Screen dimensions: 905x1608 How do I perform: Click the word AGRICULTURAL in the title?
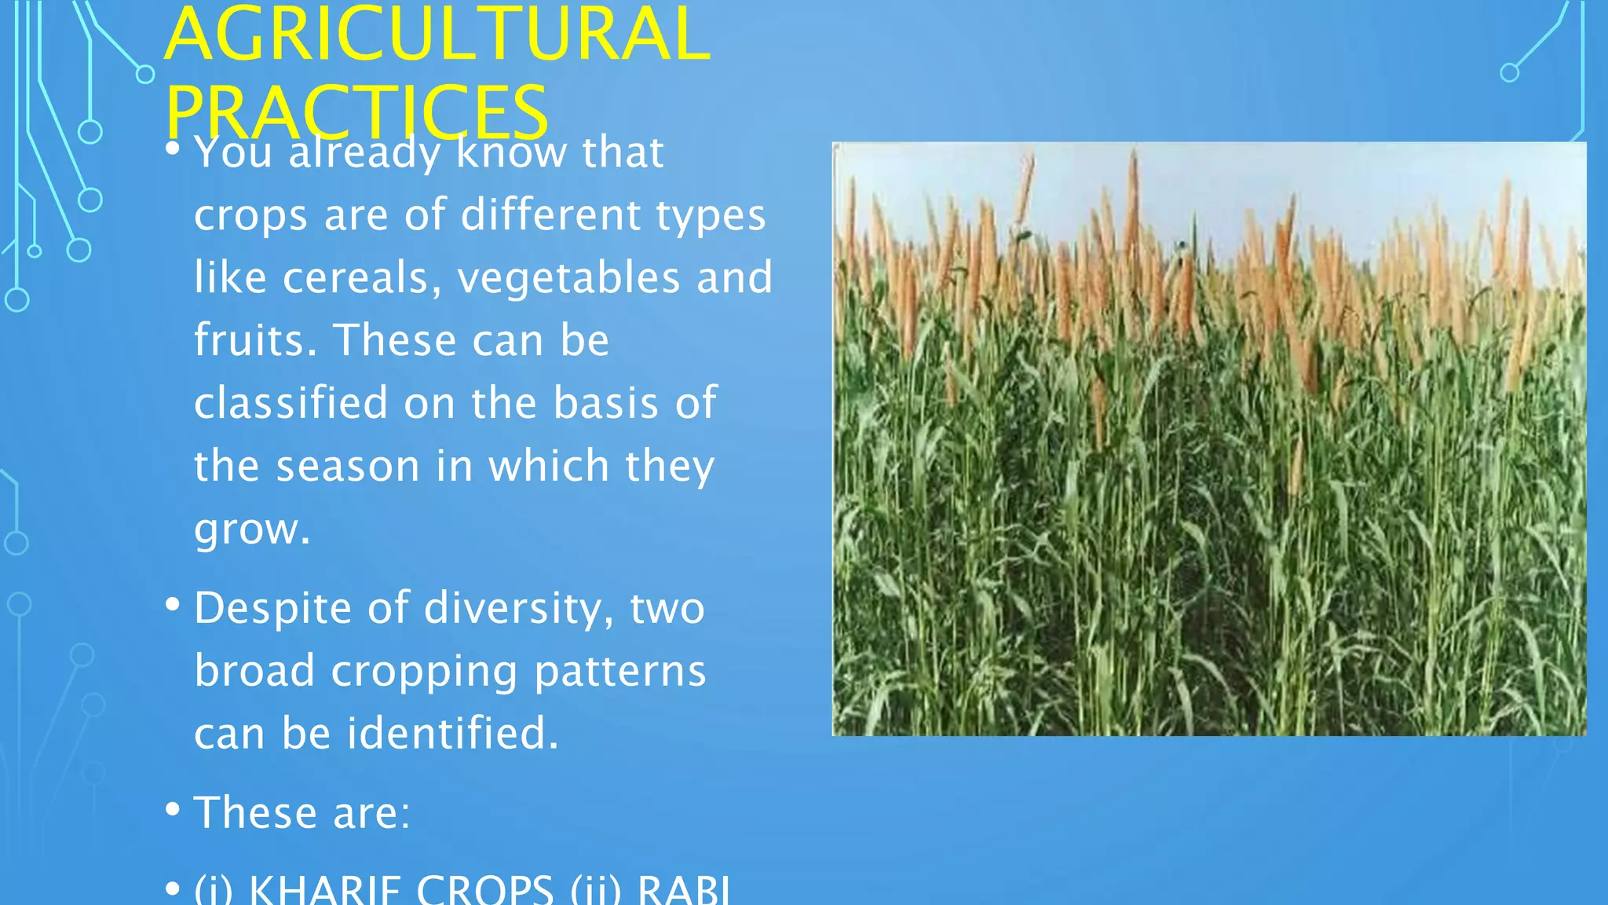pos(437,35)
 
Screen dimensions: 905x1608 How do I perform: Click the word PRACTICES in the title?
pos(356,112)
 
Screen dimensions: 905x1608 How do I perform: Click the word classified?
pos(291,403)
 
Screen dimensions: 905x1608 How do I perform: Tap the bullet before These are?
pos(173,809)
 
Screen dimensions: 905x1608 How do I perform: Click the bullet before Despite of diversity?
pos(173,605)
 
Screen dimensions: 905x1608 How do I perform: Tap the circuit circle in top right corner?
pos(1509,73)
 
